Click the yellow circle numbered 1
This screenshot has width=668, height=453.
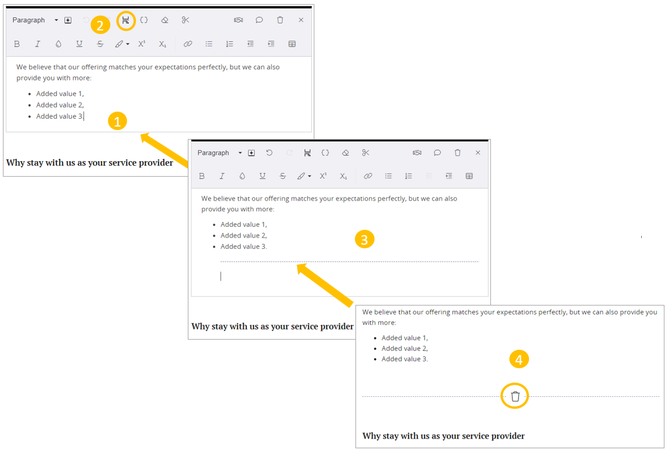[117, 121]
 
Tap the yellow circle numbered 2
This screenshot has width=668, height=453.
[100, 25]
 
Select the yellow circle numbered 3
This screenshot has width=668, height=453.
[364, 239]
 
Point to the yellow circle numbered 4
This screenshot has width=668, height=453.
[519, 360]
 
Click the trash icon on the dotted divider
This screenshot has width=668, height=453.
[515, 396]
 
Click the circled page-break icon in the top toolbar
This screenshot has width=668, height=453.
[126, 20]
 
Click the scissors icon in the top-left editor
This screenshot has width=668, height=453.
[185, 20]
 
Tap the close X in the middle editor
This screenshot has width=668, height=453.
[478, 153]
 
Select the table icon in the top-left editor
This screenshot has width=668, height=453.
[292, 44]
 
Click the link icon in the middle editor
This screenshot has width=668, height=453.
[367, 176]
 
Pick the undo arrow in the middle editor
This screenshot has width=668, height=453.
[269, 153]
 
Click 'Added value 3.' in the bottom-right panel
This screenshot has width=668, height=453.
[405, 359]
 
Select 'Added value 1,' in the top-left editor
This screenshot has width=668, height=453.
[60, 94]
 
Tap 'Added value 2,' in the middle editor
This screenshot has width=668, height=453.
[244, 235]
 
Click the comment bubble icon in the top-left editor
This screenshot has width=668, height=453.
[259, 20]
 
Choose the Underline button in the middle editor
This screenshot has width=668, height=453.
[262, 176]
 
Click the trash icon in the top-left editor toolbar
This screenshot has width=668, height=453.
[280, 20]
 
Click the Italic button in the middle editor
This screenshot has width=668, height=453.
[222, 176]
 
